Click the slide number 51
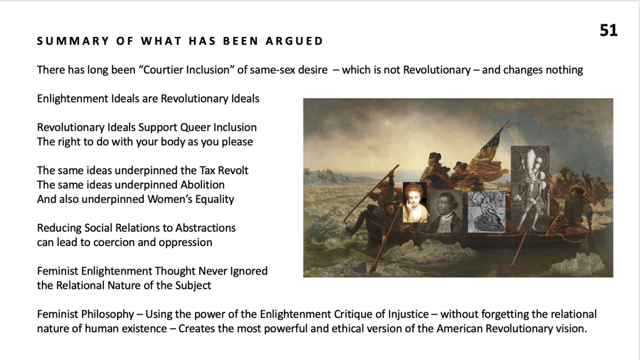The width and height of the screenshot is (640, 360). click(609, 30)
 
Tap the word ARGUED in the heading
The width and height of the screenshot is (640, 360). click(294, 41)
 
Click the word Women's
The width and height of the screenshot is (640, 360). click(166, 200)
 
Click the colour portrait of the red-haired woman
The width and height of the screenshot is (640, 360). click(415, 202)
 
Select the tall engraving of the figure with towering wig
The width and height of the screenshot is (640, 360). click(530, 189)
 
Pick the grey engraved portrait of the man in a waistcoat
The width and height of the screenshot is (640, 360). click(445, 211)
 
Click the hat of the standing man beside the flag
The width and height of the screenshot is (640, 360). click(435, 156)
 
